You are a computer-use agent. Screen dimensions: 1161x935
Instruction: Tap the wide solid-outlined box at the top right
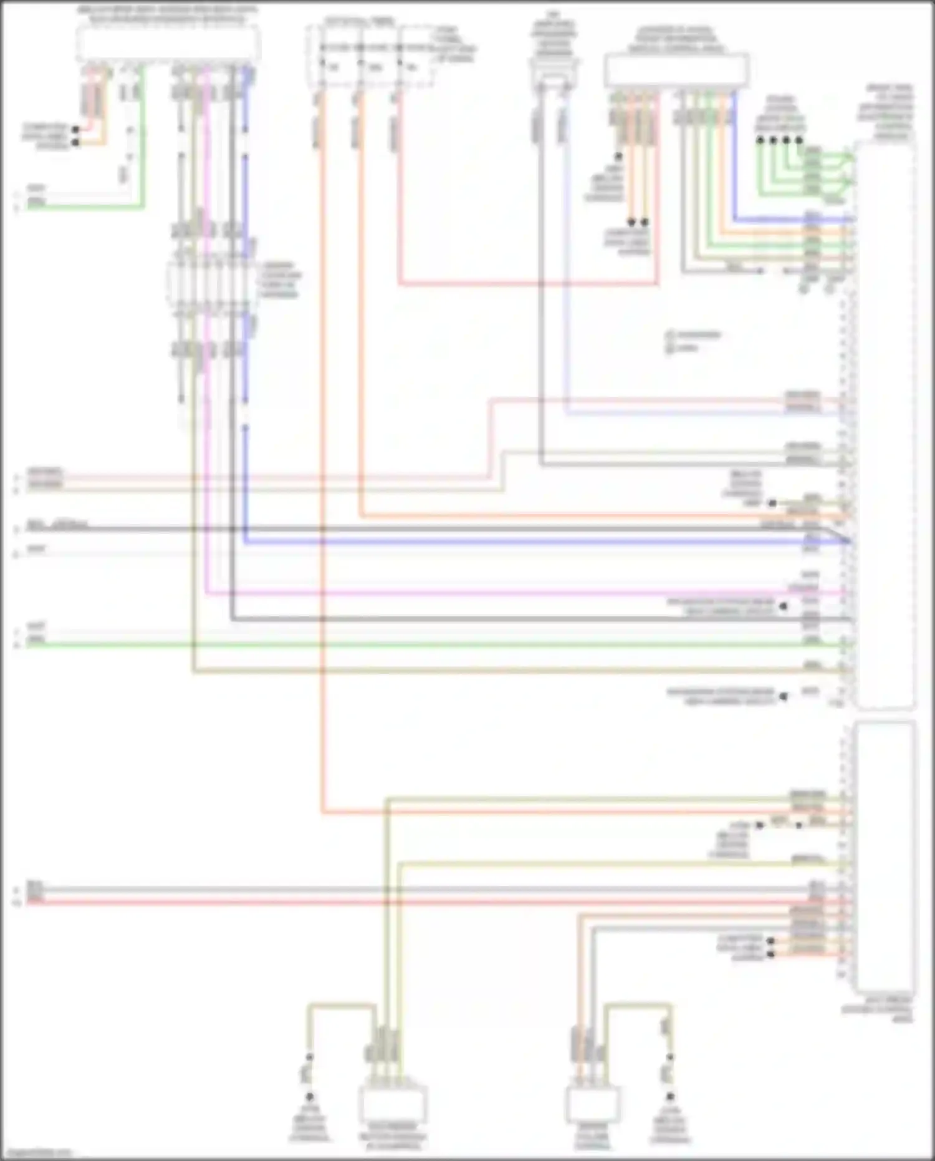(x=676, y=70)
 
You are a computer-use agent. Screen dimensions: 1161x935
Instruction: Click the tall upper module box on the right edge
(x=885, y=424)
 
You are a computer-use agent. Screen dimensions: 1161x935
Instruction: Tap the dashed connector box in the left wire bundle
(x=212, y=284)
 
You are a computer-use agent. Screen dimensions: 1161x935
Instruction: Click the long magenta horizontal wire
(x=499, y=593)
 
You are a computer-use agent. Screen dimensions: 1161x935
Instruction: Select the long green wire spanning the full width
(x=436, y=644)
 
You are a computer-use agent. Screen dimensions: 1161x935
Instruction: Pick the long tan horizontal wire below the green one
(x=499, y=671)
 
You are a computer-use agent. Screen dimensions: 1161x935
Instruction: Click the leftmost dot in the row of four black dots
(x=760, y=140)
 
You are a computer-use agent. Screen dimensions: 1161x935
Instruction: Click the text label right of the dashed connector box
(x=280, y=279)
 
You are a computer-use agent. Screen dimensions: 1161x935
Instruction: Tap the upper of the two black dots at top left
(x=75, y=130)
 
